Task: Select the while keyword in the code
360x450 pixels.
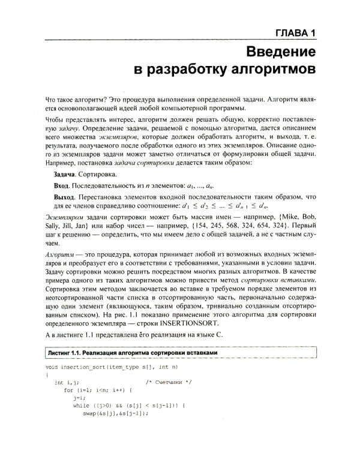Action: click(x=80, y=406)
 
